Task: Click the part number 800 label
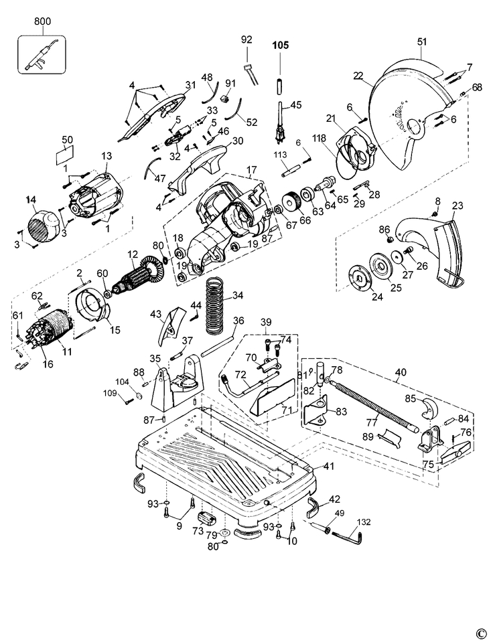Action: [x=43, y=21]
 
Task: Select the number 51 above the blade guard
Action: [x=422, y=42]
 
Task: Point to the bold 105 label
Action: [x=281, y=46]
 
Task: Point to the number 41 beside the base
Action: [x=328, y=466]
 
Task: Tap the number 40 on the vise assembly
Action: [x=401, y=372]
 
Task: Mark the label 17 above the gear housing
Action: [x=251, y=169]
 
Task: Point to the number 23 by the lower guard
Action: [x=458, y=205]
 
